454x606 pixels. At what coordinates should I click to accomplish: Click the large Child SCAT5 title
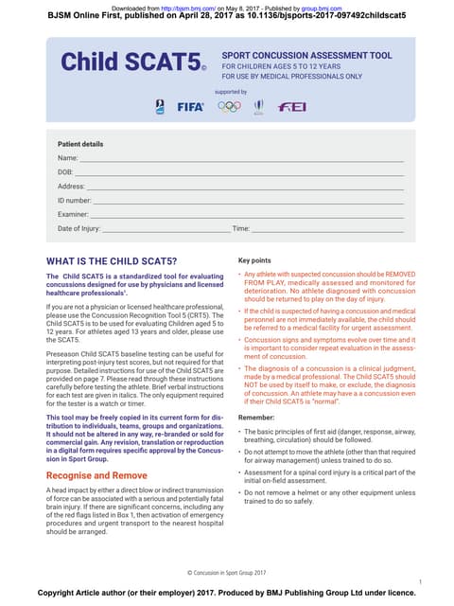pos(131,62)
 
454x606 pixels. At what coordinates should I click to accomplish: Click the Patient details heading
pos(80,143)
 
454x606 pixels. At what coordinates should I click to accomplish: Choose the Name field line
pos(236,158)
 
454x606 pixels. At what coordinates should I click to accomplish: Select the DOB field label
pos(66,172)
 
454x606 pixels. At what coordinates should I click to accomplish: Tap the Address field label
pos(72,187)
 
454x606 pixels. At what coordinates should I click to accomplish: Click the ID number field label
pos(75,201)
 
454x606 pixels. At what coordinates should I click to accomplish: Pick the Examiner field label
pos(73,215)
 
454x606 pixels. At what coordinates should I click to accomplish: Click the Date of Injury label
pos(79,229)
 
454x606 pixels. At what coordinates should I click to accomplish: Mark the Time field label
pos(240,229)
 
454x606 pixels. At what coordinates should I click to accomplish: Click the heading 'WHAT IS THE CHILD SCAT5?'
pos(111,259)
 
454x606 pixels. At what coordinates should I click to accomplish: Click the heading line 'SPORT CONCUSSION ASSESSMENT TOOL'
pos(306,56)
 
